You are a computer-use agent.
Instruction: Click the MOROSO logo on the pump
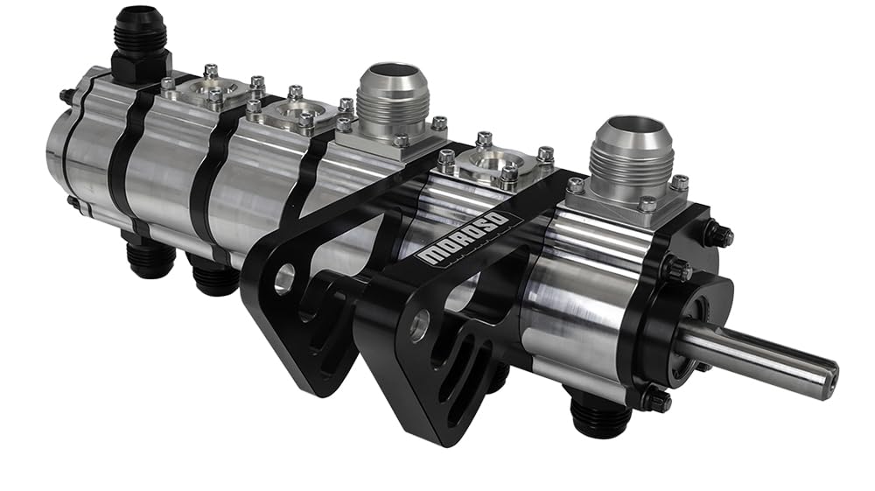(x=463, y=237)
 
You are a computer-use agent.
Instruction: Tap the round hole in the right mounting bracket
(x=419, y=326)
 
